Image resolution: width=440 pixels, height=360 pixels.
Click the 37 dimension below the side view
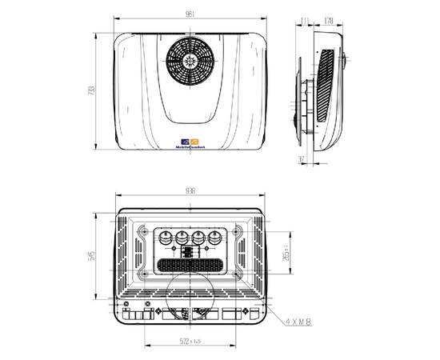pyautogui.click(x=300, y=160)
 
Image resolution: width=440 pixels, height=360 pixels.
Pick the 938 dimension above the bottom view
pyautogui.click(x=190, y=191)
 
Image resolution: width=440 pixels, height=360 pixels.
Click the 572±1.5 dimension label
pyautogui.click(x=190, y=342)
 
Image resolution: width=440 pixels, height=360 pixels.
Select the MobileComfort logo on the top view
pyautogui.click(x=190, y=145)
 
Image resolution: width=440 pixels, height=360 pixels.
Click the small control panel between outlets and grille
pyautogui.click(x=190, y=250)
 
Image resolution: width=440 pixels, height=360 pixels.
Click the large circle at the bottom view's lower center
pyautogui.click(x=190, y=297)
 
